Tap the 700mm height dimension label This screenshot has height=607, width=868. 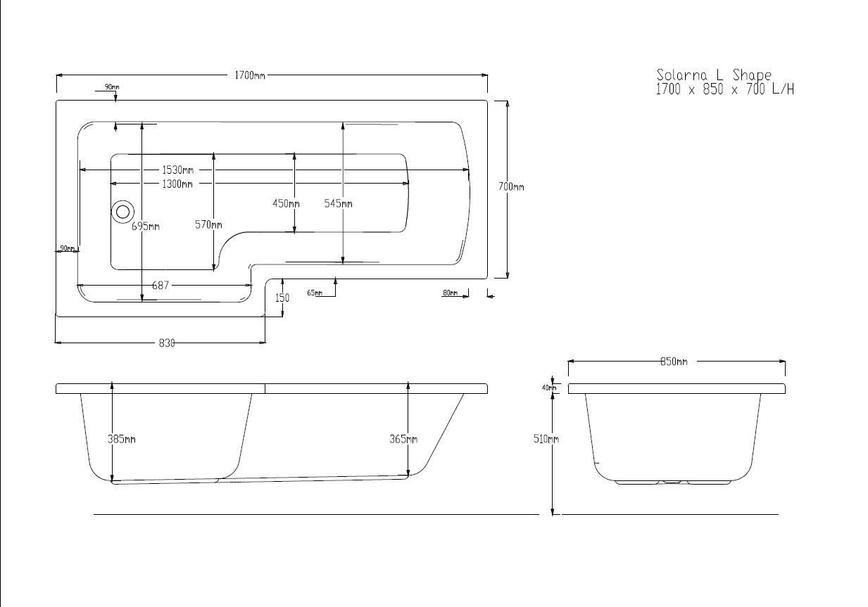pos(511,187)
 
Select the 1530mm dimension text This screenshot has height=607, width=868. pos(177,170)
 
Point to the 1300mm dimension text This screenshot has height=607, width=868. pos(177,184)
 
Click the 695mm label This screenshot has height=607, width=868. pos(145,226)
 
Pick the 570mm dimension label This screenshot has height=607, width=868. pos(208,225)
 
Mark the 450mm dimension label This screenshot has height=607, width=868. pos(286,204)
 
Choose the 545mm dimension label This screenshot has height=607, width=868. pos(338,204)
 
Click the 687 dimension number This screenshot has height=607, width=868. pos(161,286)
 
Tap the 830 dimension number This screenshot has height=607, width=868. pos(166,343)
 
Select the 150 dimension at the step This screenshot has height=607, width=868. pos(282,298)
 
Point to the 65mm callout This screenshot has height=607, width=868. pos(315,293)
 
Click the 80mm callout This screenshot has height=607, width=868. pos(450,293)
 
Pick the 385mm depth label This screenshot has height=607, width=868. pos(121,439)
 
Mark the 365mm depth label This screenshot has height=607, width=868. pos(403,439)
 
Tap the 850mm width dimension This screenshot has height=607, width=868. pos(673,362)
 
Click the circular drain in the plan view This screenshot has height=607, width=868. pos(122,210)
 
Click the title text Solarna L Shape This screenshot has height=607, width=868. pos(714,75)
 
